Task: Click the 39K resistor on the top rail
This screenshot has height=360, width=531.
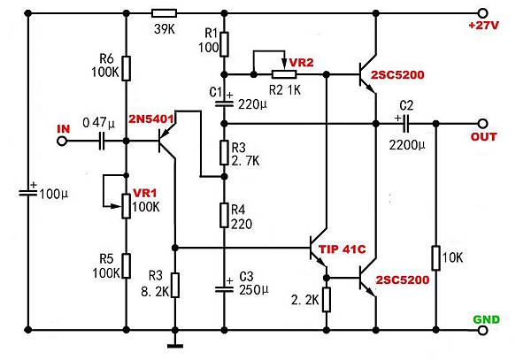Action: [x=165, y=13]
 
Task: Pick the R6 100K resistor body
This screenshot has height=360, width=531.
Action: [x=126, y=67]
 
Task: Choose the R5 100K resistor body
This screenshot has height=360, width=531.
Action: [x=126, y=264]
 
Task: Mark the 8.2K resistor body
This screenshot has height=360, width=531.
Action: [x=176, y=284]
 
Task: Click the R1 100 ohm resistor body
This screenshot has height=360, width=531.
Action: [x=225, y=43]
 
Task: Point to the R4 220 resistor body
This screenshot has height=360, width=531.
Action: [x=225, y=213]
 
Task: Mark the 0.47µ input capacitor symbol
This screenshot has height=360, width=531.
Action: [x=104, y=138]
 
